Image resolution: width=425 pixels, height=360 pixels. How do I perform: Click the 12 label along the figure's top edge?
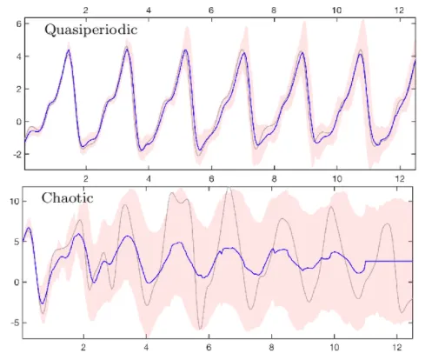(x=398, y=7)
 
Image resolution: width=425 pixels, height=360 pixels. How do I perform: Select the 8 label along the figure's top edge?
(x=274, y=7)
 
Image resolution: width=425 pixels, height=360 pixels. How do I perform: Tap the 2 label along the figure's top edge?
(x=84, y=7)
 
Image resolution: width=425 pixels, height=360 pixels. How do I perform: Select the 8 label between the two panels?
(x=274, y=183)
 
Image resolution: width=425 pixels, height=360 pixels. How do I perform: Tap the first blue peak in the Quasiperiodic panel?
(x=68, y=50)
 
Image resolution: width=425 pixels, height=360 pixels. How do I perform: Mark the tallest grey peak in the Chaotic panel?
(x=229, y=189)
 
